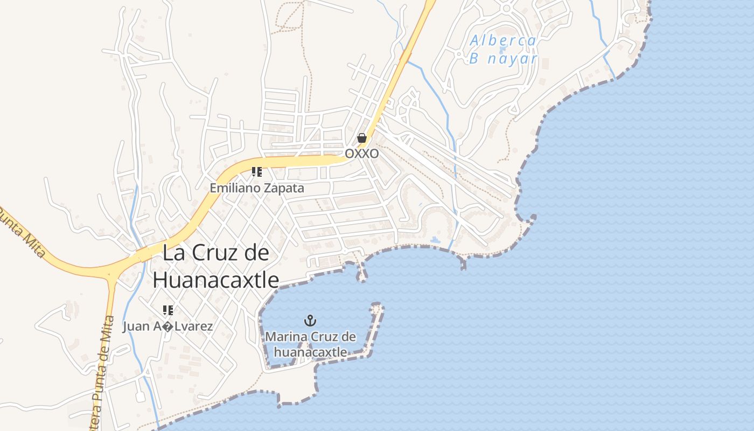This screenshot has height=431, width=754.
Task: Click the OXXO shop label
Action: pyautogui.click(x=361, y=154)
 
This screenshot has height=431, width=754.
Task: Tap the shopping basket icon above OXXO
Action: pyautogui.click(x=362, y=138)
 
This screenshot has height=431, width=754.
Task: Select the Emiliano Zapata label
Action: pyautogui.click(x=257, y=188)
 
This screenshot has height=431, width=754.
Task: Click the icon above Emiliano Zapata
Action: pyautogui.click(x=257, y=172)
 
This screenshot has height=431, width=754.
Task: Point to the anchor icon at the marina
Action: pyautogui.click(x=310, y=321)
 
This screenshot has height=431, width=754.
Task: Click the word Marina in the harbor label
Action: pyautogui.click(x=285, y=337)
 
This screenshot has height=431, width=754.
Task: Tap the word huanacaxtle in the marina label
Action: pyautogui.click(x=310, y=352)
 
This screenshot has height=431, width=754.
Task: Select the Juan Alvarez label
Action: pyautogui.click(x=167, y=326)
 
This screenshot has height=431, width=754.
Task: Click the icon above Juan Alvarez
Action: pyautogui.click(x=167, y=310)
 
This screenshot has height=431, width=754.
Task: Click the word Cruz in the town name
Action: pyautogui.click(x=215, y=253)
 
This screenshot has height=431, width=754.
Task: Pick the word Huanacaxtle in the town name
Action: pyautogui.click(x=216, y=280)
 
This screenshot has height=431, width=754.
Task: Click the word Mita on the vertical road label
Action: pyautogui.click(x=108, y=329)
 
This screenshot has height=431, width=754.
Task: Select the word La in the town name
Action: pyautogui.click(x=174, y=253)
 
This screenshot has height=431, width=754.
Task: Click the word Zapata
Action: pyautogui.click(x=283, y=188)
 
